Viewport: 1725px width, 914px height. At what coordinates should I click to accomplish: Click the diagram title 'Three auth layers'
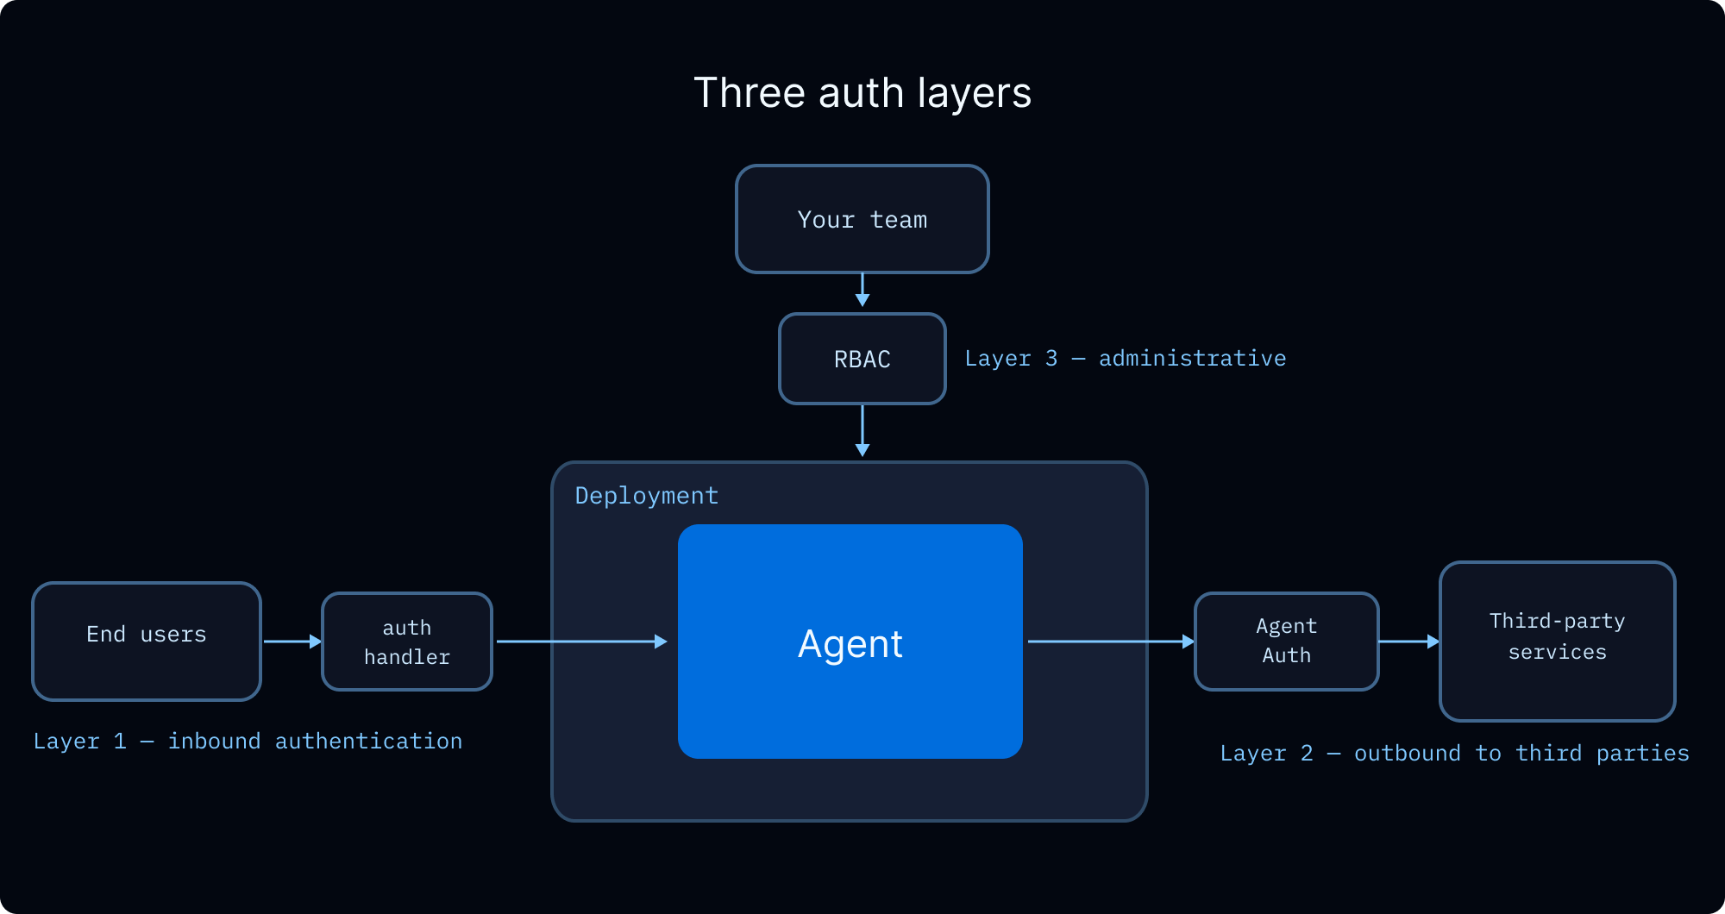(x=862, y=93)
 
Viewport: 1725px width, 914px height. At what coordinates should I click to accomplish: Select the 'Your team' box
(x=862, y=219)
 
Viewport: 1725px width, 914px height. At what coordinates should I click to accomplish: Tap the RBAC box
(x=862, y=359)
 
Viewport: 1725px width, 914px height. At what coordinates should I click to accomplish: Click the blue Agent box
(x=850, y=642)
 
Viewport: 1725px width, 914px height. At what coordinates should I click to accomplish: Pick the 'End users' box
(x=147, y=642)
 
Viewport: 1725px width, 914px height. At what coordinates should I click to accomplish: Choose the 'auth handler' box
(x=407, y=642)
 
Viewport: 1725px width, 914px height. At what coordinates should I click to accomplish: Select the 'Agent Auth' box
(x=1287, y=642)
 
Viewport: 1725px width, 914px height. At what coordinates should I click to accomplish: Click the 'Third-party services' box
(x=1558, y=642)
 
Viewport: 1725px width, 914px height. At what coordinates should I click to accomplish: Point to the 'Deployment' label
(x=647, y=496)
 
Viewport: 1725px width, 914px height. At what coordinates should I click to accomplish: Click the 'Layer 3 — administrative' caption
(x=1126, y=359)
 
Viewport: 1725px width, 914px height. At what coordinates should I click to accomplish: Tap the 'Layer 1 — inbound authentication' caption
(x=248, y=742)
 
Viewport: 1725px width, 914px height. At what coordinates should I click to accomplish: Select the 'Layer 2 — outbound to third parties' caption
(x=1455, y=754)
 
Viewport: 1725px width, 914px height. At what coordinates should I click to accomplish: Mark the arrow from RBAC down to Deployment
(x=862, y=431)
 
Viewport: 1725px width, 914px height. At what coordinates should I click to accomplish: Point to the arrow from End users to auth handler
(x=293, y=642)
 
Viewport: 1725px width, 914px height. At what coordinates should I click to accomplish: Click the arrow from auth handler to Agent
(x=582, y=642)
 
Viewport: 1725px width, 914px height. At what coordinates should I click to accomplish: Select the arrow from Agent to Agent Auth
(x=1112, y=642)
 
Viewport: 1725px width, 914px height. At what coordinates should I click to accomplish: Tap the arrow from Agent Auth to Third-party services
(x=1410, y=642)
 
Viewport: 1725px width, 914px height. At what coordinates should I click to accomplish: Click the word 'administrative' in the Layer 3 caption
(x=1193, y=359)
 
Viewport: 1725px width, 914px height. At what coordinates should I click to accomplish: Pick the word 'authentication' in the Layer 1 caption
(x=369, y=742)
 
